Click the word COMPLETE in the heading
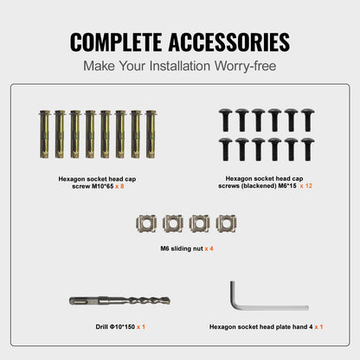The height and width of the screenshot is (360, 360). pyautogui.click(x=116, y=42)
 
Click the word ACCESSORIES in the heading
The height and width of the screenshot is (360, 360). pyautogui.click(x=229, y=42)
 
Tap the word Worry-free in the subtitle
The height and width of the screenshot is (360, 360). pyautogui.click(x=245, y=66)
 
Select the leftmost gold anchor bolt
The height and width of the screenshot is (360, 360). pyautogui.click(x=45, y=134)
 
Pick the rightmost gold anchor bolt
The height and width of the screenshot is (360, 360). pyautogui.click(x=151, y=134)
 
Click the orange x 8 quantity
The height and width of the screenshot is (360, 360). pyautogui.click(x=119, y=186)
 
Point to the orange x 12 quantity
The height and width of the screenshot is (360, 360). pyautogui.click(x=306, y=186)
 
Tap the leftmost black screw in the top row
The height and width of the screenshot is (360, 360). pyautogui.click(x=226, y=120)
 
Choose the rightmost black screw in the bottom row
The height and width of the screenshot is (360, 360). pyautogui.click(x=307, y=149)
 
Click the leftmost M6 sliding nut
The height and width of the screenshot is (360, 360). pyautogui.click(x=146, y=223)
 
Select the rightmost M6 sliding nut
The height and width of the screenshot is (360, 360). pyautogui.click(x=227, y=223)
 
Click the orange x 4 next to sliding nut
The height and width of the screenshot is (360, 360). pyautogui.click(x=209, y=248)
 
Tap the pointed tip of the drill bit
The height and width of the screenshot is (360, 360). pyautogui.click(x=169, y=300)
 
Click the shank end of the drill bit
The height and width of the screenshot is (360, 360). pyautogui.click(x=71, y=301)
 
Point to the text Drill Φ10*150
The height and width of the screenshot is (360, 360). pyautogui.click(x=115, y=327)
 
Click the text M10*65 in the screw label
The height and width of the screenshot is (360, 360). pyautogui.click(x=103, y=186)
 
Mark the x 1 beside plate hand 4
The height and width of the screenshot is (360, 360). pyautogui.click(x=318, y=327)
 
